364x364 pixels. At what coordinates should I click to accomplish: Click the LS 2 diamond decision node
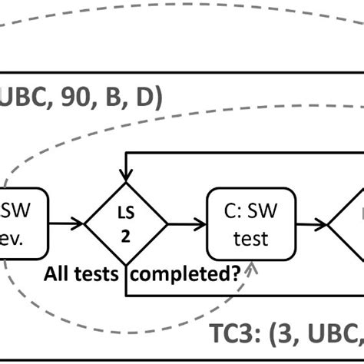click(125, 223)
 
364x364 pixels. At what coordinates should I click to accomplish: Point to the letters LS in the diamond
click(125, 213)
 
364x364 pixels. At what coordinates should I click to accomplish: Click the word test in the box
click(251, 239)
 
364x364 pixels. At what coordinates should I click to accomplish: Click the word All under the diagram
click(60, 273)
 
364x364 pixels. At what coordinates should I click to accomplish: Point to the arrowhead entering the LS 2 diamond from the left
click(80, 223)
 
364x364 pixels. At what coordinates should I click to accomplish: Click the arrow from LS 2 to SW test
click(187, 223)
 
